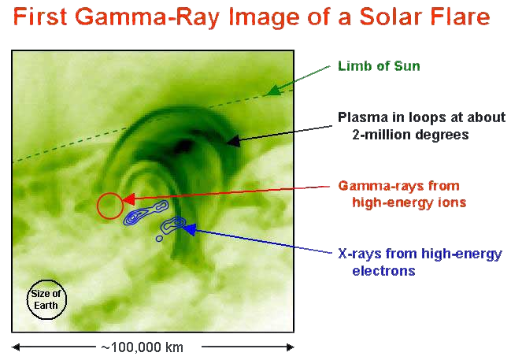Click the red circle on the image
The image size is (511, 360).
tap(109, 206)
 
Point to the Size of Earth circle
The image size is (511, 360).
tap(46, 299)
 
